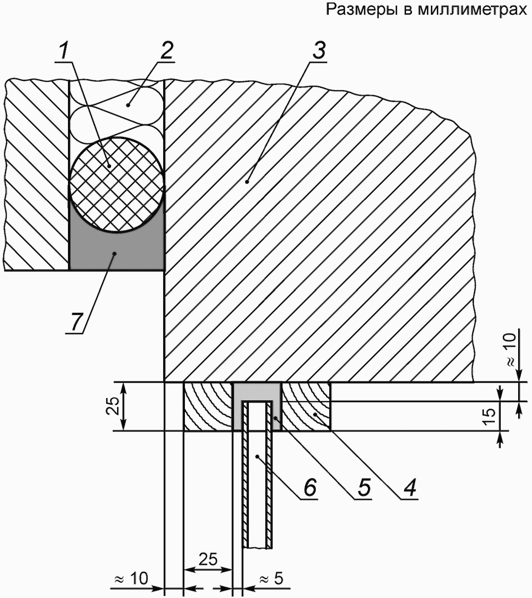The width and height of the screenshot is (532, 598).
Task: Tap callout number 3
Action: (x=318, y=50)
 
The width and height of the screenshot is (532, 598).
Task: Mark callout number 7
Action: (x=76, y=322)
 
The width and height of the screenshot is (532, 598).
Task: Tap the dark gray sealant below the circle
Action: (x=117, y=251)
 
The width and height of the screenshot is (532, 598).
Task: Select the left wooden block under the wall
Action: (x=208, y=407)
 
